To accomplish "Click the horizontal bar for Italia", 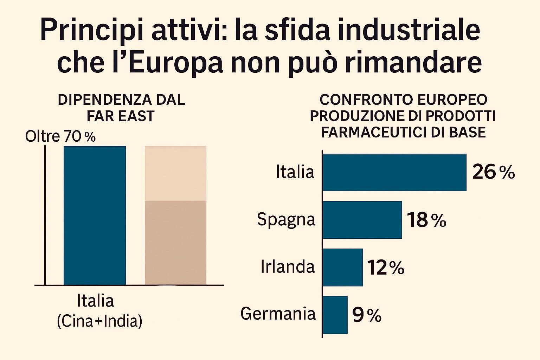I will tap(394, 172).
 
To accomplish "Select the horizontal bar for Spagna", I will tap(362, 220).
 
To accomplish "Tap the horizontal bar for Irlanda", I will tap(343, 267).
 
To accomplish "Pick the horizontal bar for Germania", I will tap(335, 315).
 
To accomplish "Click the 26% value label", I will tap(493, 172).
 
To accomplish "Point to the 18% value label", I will tap(426, 220).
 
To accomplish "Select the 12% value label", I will tap(386, 268).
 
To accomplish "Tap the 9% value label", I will tap(367, 315).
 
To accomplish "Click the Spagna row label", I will tap(286, 220).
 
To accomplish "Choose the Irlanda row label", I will tap(288, 267).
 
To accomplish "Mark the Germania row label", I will tap(278, 314).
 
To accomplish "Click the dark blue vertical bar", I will tap(95, 215).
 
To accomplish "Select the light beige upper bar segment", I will tap(175, 174).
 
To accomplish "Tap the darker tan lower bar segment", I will tap(175, 243).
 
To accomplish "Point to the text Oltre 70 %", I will tap(60, 136).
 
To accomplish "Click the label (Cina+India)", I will tap(99, 321).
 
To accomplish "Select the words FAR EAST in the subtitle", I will tap(121, 116).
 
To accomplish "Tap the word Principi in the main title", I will tap(92, 31).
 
